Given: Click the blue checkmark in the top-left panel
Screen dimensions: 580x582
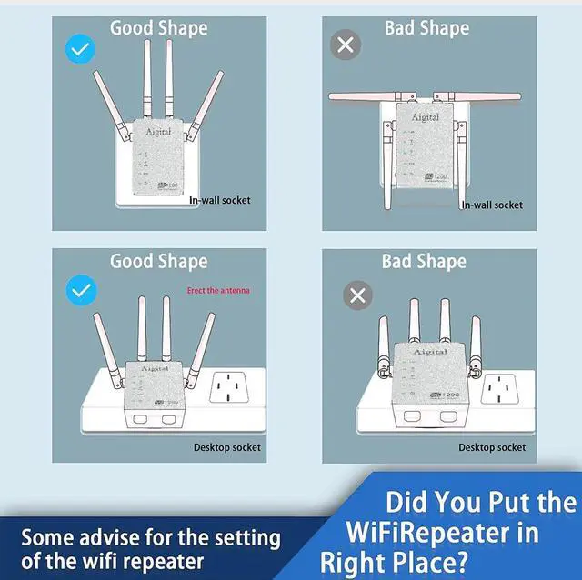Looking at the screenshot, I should point(81,48).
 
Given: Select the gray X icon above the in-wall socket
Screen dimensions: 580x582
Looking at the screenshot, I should point(346,45).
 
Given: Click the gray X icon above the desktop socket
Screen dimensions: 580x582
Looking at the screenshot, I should point(358,295).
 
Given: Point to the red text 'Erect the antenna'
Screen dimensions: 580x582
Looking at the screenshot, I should point(217,291).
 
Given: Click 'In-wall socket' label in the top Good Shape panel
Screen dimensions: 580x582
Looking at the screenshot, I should point(219,200).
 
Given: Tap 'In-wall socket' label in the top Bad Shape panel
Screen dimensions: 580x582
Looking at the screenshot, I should point(492,205).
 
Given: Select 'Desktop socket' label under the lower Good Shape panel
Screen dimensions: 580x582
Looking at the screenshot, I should point(226,447).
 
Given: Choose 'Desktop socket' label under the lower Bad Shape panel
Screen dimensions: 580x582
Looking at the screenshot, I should point(491,447).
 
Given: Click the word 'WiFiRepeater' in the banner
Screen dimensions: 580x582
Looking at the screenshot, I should point(442,531).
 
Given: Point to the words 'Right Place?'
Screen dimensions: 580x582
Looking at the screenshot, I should point(393,561).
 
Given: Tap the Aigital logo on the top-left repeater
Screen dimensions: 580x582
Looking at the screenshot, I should point(158,132).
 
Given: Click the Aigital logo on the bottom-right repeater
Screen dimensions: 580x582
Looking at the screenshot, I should point(430,352).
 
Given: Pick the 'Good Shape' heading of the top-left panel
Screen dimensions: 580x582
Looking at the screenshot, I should point(158,28).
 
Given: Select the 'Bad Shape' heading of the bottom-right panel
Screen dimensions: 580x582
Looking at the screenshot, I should point(424,262).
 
